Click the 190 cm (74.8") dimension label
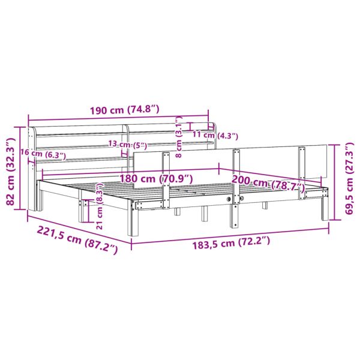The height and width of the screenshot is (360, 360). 124,110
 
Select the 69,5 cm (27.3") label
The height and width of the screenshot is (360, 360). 349,178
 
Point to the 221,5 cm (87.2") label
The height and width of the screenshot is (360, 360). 77,239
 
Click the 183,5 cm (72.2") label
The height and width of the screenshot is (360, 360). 231,243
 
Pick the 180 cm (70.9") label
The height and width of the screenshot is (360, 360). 156,179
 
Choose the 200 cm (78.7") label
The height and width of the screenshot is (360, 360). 268,181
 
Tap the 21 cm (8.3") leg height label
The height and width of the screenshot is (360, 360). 100,206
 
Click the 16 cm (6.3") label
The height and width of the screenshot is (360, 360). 43,153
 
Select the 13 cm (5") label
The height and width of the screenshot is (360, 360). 127,145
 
